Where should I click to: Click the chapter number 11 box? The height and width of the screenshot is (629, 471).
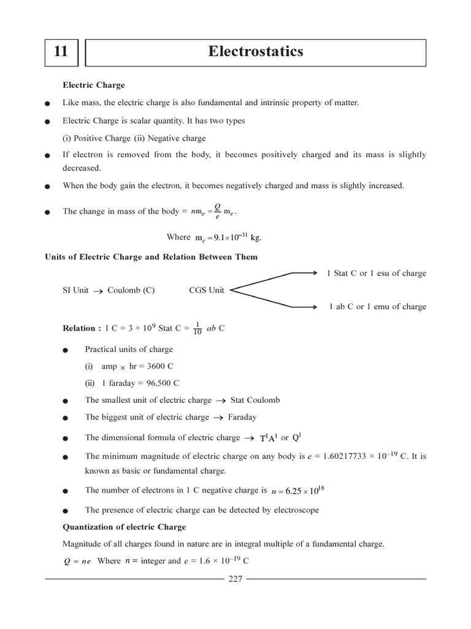coord(61,52)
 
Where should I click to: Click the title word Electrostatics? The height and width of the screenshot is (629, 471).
coord(255,52)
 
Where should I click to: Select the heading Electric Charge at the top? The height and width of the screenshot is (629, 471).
coord(94,85)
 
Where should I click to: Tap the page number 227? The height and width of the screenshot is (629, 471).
coord(235,579)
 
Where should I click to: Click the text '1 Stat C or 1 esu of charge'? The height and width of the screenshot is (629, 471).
coord(377,273)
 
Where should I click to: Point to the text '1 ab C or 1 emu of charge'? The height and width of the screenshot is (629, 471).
coord(377,307)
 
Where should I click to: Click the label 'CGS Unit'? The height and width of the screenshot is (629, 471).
coord(207,290)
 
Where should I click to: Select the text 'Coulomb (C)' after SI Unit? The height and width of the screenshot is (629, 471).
coord(131,290)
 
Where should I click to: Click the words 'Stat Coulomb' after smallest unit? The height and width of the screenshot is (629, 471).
coord(255,400)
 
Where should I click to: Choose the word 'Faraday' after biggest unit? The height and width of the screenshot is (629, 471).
coord(242,417)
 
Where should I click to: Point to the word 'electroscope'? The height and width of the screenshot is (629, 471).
coord(297,510)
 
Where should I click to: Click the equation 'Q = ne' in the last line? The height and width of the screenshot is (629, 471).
coord(77,561)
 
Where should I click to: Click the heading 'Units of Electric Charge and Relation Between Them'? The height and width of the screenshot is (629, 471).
coord(151,257)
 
